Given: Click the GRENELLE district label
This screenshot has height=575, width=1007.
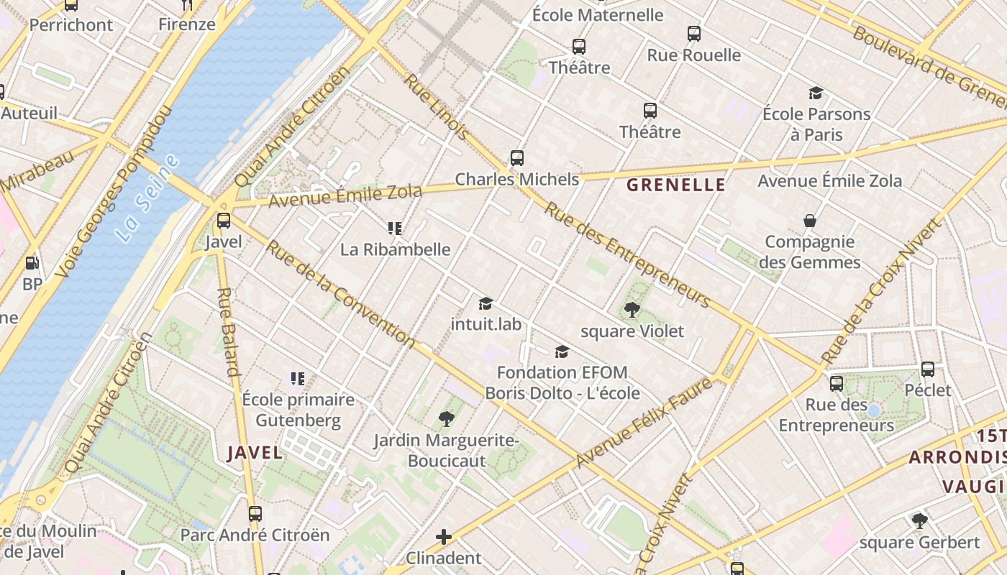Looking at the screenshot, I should pos(675,185).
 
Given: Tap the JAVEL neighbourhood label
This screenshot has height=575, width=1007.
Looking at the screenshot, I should pos(255,452).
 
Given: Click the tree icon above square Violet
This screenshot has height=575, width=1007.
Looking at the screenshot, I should pos(632,310).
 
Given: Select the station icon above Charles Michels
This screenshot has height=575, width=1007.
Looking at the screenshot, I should pos(516,158).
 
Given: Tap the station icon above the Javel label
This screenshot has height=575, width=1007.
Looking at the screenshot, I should pos(224,221).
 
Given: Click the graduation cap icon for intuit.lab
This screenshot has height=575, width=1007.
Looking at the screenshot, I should pos(486,303).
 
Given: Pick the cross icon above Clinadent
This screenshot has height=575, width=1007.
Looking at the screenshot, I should pos(444,536).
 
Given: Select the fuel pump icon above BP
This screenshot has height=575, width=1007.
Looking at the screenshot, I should pos(32,263).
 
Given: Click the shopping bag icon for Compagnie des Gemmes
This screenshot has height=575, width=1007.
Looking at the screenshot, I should pos(809,221).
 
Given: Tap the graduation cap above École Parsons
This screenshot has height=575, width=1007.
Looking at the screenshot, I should pos(816,93).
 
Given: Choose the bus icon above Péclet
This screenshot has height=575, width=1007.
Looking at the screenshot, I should pos(928,369).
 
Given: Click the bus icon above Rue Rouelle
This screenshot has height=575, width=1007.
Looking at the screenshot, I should pos(693,33).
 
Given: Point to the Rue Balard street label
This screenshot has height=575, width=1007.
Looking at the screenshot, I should pos(227,332).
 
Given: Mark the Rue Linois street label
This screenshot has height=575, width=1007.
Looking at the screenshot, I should pos(436,106).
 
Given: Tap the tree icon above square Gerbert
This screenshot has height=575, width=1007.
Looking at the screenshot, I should pos(919,520).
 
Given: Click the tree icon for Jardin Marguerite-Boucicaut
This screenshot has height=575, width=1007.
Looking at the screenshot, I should pos(446,418).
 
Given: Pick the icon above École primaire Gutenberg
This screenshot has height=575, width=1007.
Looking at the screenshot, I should pos(297,378).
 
